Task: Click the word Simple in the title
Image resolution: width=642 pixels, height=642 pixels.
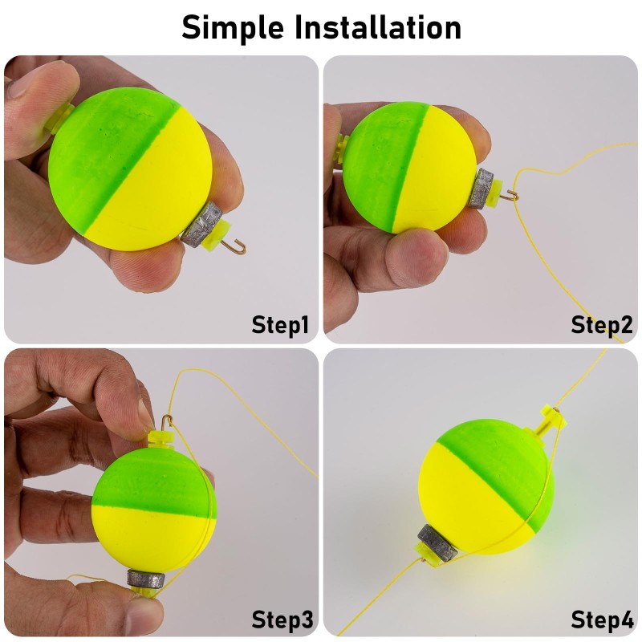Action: [232, 27]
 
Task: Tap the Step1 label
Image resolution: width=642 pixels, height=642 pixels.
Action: [280, 325]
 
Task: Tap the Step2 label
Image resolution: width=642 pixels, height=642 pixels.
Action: [602, 325]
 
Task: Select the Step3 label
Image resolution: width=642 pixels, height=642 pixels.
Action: [282, 620]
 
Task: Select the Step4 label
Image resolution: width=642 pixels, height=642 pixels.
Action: [602, 620]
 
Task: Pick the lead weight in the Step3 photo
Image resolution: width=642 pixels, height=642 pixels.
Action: [144, 578]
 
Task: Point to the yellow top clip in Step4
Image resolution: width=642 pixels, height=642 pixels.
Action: [554, 416]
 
